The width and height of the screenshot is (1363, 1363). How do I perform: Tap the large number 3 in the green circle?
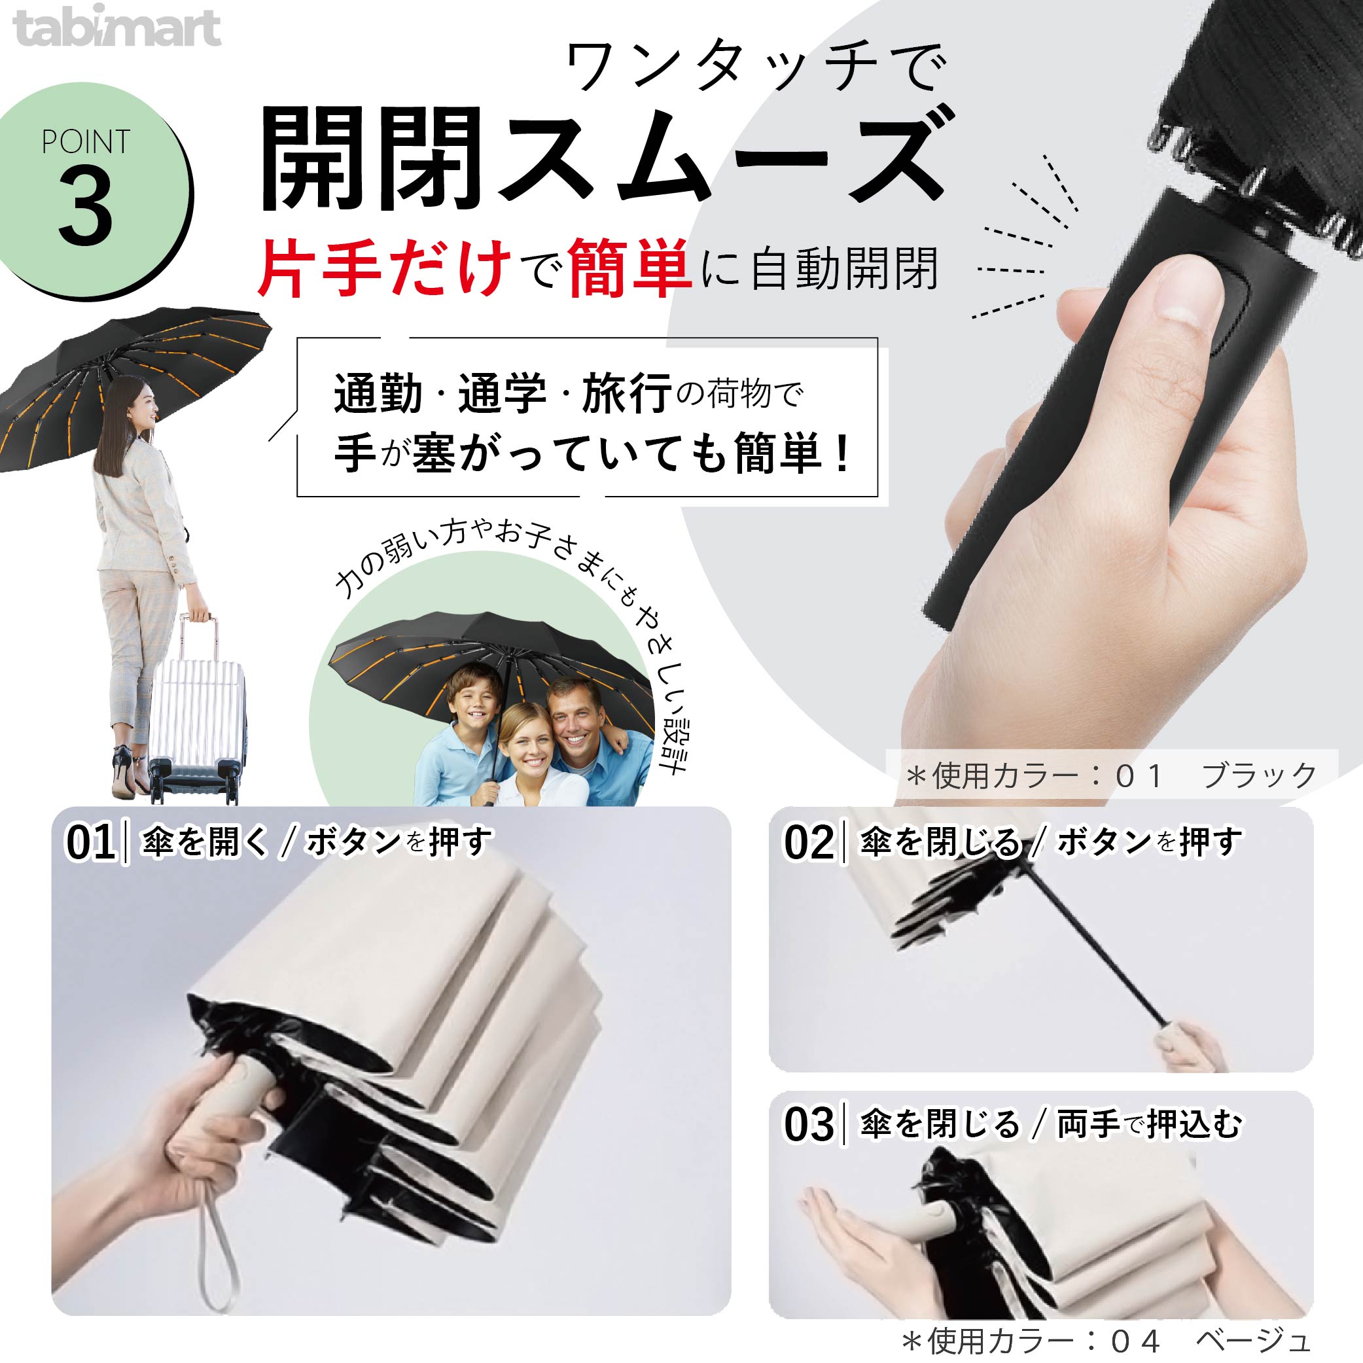tap(86, 209)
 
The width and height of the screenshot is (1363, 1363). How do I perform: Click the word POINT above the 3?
tap(86, 142)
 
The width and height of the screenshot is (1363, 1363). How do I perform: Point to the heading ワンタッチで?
tap(754, 67)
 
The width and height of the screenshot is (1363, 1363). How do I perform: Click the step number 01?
tap(90, 842)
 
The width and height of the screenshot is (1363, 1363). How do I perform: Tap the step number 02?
tap(809, 842)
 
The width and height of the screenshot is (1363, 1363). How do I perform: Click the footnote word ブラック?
tap(1258, 776)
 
